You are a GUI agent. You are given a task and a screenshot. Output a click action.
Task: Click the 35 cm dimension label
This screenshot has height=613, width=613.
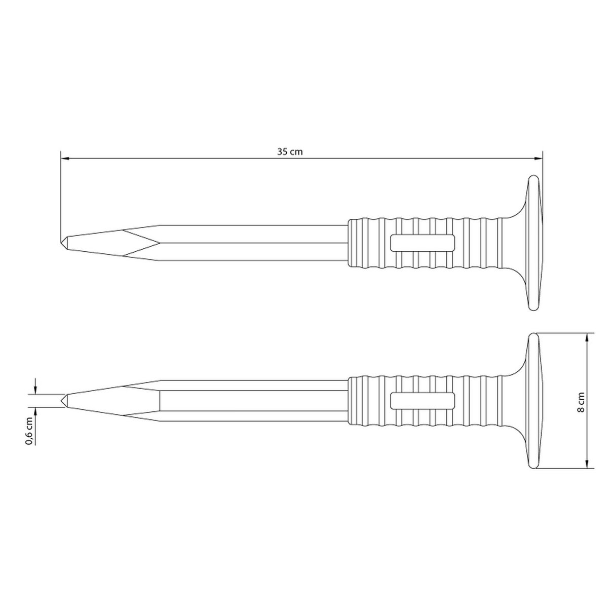point(289,152)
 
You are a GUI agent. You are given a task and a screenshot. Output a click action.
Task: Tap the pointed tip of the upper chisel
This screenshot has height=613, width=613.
point(60,243)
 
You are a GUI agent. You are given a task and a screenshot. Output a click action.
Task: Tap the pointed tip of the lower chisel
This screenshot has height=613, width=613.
point(61,400)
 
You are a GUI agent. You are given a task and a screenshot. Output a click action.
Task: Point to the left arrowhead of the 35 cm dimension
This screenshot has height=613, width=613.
point(64,158)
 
